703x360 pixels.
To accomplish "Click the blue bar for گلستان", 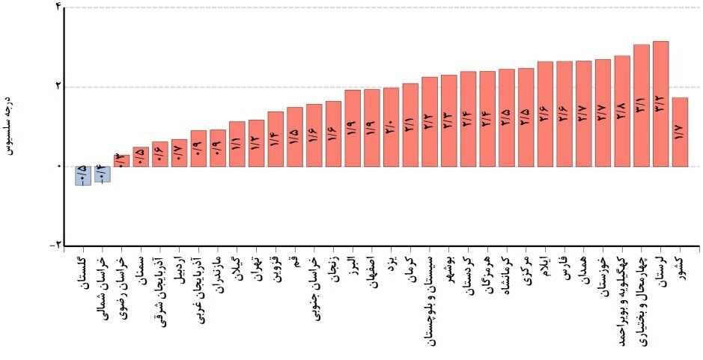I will coord(82,175).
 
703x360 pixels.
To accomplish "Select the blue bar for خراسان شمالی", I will coord(102,174).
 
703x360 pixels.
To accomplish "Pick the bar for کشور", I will coord(680,132).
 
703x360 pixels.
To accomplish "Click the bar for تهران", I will coord(255,143).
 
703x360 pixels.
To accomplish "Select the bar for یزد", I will coord(391,126).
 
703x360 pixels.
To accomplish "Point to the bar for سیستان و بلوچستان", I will coord(429,121).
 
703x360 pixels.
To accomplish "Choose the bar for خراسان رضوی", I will coord(121,160).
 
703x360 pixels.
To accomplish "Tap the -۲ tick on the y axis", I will coord(56,245).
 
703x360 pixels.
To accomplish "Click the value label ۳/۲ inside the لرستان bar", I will coord(660,106).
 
